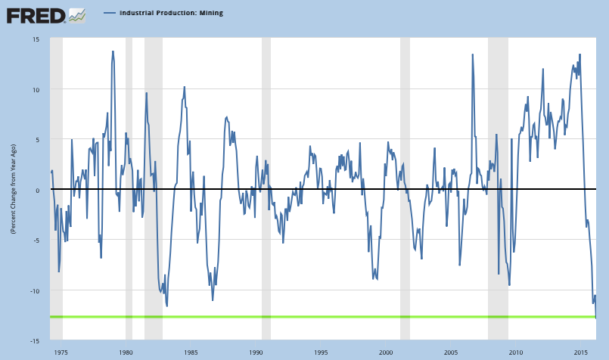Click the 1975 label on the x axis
click(x=62, y=352)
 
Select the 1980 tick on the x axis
click(x=126, y=352)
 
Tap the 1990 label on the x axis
click(x=256, y=352)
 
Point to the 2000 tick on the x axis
click(x=387, y=352)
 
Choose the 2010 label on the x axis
click(x=517, y=352)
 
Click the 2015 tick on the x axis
click(x=581, y=352)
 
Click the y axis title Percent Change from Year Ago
click(x=14, y=190)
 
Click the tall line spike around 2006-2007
click(x=473, y=54)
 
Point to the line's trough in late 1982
click(x=166, y=306)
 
